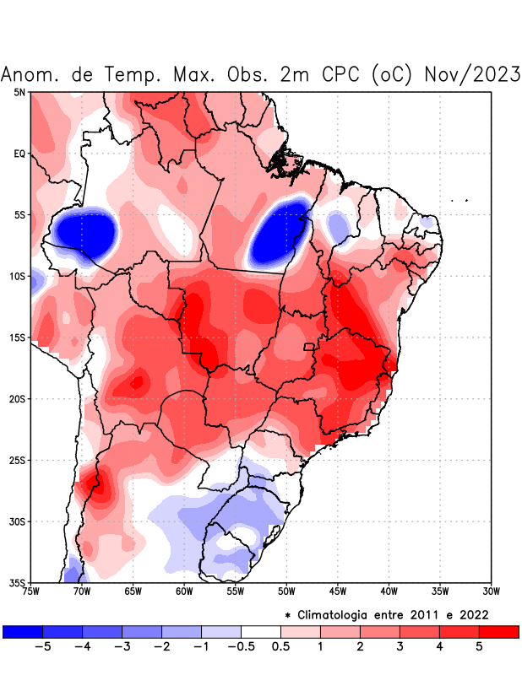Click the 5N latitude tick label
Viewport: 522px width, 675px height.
tap(19, 92)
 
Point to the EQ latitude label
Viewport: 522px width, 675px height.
tap(19, 154)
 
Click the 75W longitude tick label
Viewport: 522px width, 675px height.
tap(30, 591)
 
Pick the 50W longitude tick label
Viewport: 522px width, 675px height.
tap(286, 591)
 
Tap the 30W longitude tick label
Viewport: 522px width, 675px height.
tap(492, 591)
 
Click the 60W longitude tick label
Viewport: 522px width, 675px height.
tap(184, 591)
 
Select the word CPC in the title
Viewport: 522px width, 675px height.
tap(341, 75)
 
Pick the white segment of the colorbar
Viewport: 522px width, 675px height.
tap(261, 631)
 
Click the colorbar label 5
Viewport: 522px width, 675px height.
tap(479, 646)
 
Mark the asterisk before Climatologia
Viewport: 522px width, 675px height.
tap(288, 615)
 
